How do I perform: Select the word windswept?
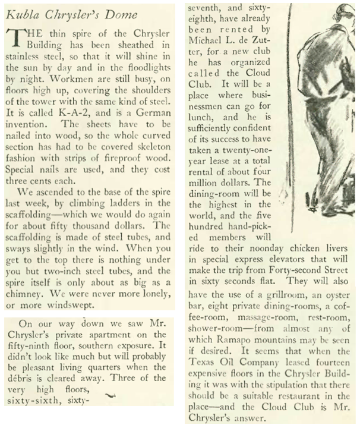pyautogui.click(x=75, y=307)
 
